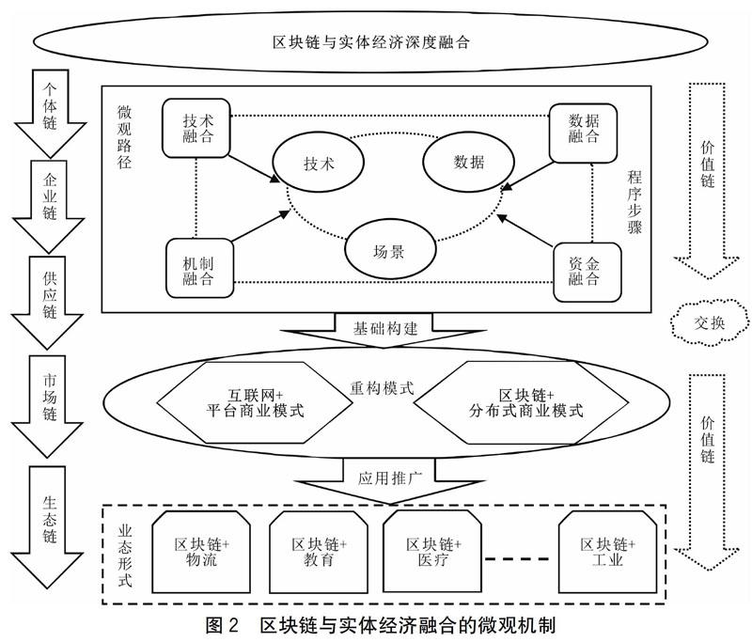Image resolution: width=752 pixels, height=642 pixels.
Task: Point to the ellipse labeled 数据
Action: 467,161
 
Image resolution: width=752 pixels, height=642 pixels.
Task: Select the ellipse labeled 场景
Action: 388,252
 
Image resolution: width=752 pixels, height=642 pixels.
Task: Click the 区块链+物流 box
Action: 202,554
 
